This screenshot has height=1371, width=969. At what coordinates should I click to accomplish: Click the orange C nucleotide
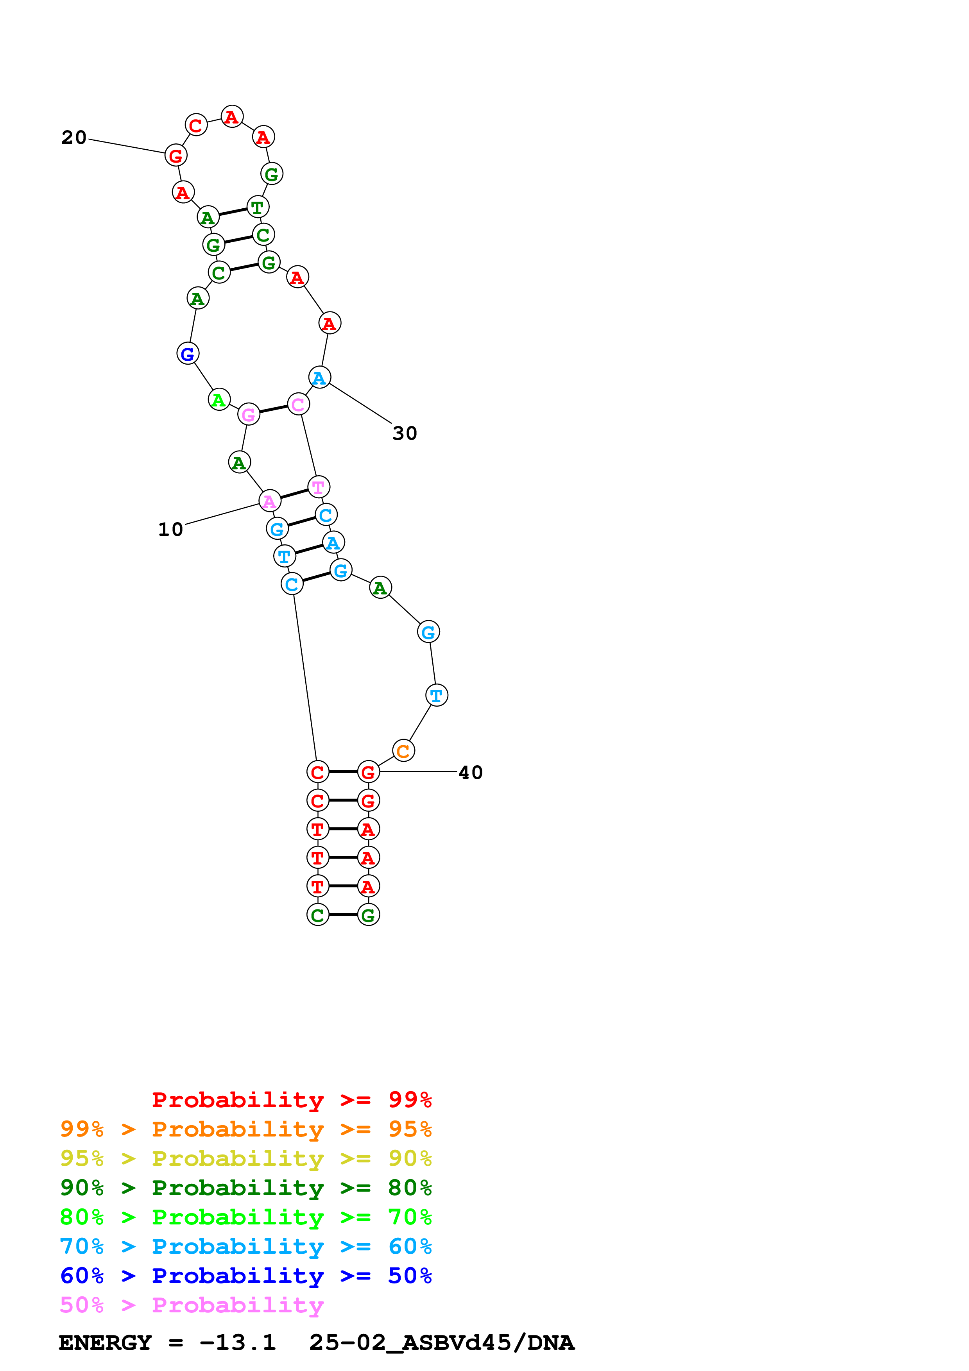click(403, 751)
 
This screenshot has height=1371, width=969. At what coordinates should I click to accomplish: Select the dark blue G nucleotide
click(188, 354)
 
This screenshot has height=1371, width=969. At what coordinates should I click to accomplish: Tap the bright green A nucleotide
click(219, 399)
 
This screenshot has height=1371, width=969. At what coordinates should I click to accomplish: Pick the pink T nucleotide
click(318, 487)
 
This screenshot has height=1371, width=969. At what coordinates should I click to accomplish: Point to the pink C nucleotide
click(298, 404)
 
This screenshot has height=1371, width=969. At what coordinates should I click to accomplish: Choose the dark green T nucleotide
click(257, 207)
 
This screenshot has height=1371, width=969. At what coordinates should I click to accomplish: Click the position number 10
click(170, 529)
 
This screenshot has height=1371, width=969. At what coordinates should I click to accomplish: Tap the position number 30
click(404, 433)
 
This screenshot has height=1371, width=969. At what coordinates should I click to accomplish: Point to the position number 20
click(74, 137)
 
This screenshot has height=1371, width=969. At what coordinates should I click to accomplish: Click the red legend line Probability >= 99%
click(291, 1099)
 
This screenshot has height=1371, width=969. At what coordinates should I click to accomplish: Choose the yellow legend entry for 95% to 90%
click(245, 1158)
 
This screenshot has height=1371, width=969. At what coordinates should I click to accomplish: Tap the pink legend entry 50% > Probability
click(192, 1304)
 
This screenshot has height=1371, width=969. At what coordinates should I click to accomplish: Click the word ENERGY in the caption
click(105, 1342)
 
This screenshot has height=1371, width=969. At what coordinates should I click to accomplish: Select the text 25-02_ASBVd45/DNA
click(441, 1342)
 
